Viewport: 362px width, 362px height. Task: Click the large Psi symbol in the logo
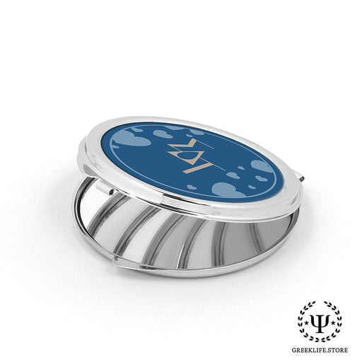click(320, 321)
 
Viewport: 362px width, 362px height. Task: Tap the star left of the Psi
click(307, 322)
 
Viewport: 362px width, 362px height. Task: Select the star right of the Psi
click(334, 322)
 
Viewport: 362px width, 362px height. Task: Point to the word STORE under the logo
click(339, 350)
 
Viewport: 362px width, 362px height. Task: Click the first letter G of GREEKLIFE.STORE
click(294, 350)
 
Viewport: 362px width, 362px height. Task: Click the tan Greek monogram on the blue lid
click(196, 155)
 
